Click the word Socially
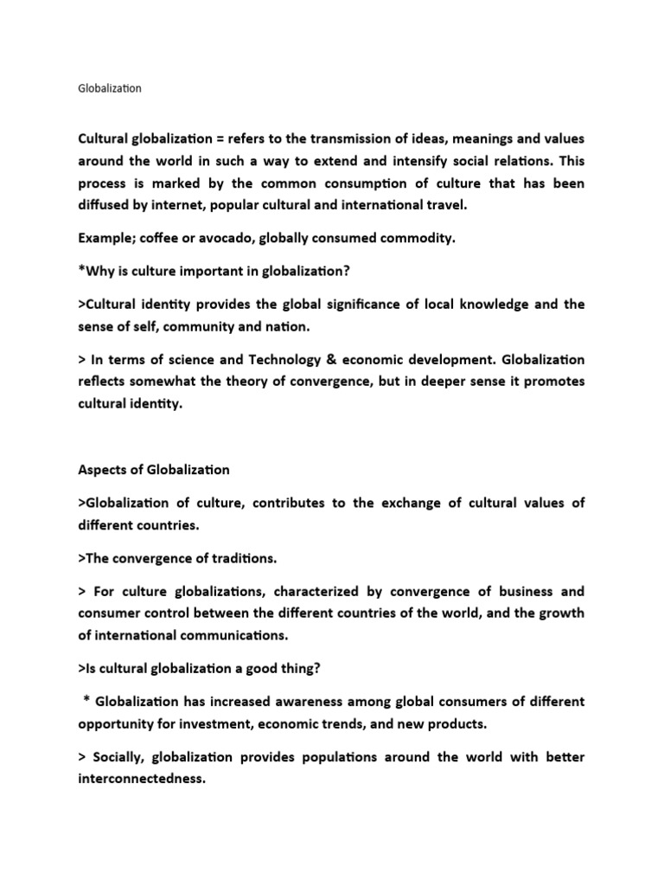(x=118, y=757)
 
